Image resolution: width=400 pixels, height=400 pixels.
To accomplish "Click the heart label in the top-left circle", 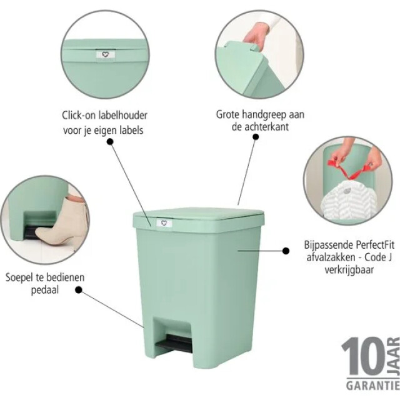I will pyautogui.click(x=104, y=54).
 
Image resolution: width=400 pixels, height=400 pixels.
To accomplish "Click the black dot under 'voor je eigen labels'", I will pyautogui.click(x=111, y=142).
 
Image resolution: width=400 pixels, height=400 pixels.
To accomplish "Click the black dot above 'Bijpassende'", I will pyautogui.click(x=286, y=250).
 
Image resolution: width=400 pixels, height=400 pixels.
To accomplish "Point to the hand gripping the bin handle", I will pyautogui.click(x=257, y=34).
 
